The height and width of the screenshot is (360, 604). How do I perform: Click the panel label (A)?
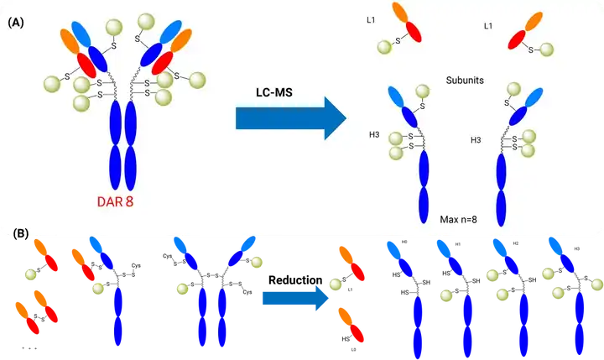tap(15, 23)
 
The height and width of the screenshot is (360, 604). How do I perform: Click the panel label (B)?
tap(15, 233)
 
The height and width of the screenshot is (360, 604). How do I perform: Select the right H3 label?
tap(476, 139)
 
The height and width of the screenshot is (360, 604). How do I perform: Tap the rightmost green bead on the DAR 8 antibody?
tap(198, 80)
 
